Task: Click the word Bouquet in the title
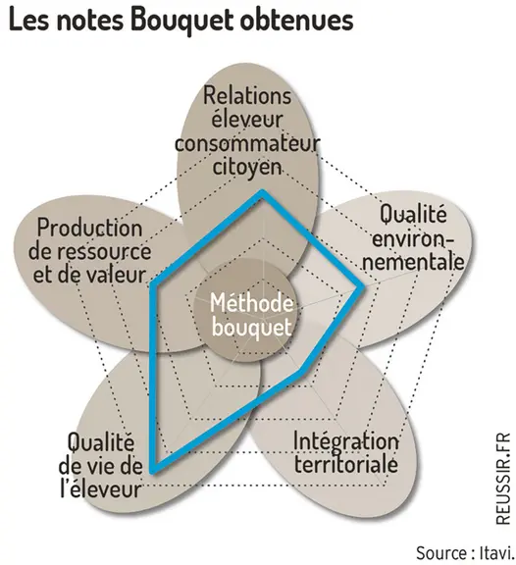click(x=181, y=22)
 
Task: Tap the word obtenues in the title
click(x=295, y=21)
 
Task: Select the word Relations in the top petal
click(x=247, y=95)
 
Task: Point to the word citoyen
click(x=247, y=167)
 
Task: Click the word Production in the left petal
click(x=89, y=229)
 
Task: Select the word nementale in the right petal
click(x=413, y=262)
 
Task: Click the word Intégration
click(x=346, y=442)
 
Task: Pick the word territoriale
click(x=346, y=464)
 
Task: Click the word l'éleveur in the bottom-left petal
click(x=100, y=488)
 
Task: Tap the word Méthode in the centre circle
click(x=251, y=303)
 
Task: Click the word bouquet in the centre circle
click(x=251, y=328)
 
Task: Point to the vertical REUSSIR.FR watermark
click(x=503, y=478)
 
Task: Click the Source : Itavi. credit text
click(x=465, y=553)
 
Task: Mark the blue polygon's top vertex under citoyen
click(x=263, y=192)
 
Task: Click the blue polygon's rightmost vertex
click(x=363, y=287)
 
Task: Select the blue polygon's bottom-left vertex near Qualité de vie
click(x=153, y=470)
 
